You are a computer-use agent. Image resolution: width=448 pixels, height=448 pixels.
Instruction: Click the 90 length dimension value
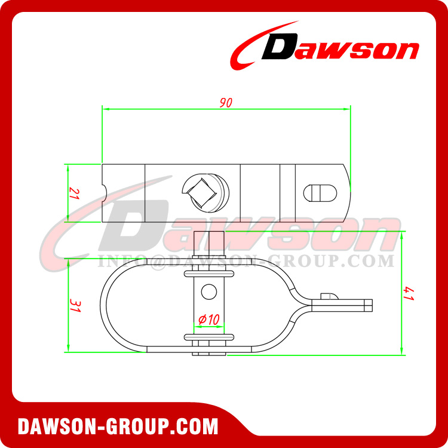[x=225, y=103]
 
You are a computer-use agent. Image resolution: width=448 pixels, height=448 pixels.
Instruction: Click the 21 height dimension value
[x=73, y=193]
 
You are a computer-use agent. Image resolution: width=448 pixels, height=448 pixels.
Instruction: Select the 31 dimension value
[x=73, y=306]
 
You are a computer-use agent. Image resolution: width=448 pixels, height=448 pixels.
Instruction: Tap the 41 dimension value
[x=408, y=293]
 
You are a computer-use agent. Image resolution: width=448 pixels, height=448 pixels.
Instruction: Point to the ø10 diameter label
[x=207, y=321]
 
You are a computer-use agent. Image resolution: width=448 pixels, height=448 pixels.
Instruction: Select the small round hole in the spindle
[x=207, y=291]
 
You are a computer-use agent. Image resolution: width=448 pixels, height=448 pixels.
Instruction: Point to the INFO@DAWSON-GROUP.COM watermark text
[x=245, y=261]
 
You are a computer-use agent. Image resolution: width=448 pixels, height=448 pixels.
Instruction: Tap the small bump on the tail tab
[x=327, y=296]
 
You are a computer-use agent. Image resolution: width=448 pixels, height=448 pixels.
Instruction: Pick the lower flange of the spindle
[x=207, y=337]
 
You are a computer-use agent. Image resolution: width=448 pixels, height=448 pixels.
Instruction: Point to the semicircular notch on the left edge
[x=104, y=193]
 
